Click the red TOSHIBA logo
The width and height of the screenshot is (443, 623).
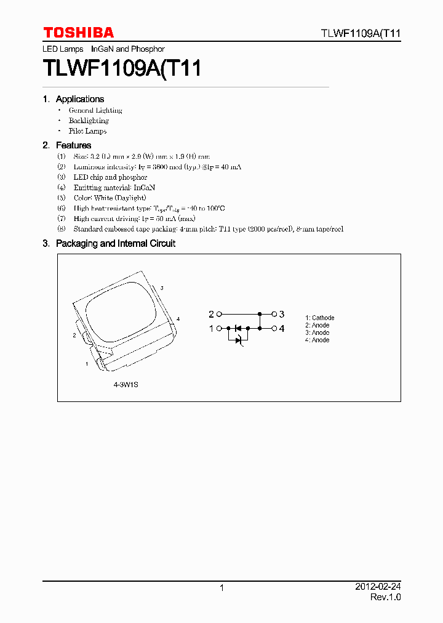pyautogui.click(x=78, y=33)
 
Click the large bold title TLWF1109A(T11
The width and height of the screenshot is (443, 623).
pyautogui.click(x=122, y=68)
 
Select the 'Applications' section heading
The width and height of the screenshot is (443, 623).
pyautogui.click(x=80, y=99)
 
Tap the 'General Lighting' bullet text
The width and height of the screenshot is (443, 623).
pyautogui.click(x=95, y=110)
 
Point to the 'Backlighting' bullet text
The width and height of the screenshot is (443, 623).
pyautogui.click(x=89, y=121)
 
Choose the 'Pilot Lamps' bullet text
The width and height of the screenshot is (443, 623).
pyautogui.click(x=87, y=131)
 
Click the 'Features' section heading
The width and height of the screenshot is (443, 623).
pyautogui.click(x=73, y=145)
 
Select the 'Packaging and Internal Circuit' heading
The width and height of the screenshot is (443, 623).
pyautogui.click(x=116, y=244)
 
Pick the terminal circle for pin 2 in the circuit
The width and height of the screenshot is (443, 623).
pyautogui.click(x=220, y=314)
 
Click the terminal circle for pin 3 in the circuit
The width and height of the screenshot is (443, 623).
pyautogui.click(x=274, y=314)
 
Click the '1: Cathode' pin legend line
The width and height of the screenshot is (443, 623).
pyautogui.click(x=320, y=318)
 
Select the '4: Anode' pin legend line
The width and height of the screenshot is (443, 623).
pyautogui.click(x=317, y=340)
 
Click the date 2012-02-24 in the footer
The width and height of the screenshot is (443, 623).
pyautogui.click(x=380, y=587)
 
